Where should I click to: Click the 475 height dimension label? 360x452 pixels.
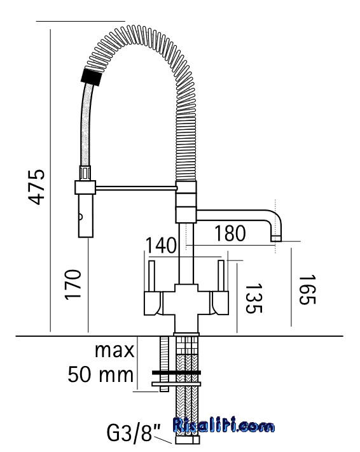click(37, 187)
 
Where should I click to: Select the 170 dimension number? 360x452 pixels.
click(73, 285)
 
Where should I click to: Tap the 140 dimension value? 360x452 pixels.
click(161, 245)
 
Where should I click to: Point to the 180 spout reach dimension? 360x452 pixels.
click(230, 233)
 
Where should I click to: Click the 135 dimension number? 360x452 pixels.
click(254, 298)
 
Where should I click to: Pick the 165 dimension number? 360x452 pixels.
click(307, 290)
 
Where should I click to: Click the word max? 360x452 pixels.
click(114, 351)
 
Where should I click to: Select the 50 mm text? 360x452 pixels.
click(100, 374)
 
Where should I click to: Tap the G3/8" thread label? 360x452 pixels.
click(134, 433)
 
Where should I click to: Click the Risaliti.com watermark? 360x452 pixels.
click(224, 425)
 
